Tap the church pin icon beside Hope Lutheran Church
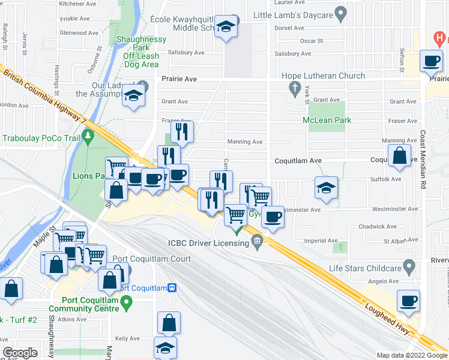click(295, 89)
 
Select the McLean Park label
click(327, 121)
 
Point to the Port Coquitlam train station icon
click(172, 288)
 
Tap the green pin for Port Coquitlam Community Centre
click(127, 305)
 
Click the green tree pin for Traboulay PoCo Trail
click(88, 137)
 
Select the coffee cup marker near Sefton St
click(431, 61)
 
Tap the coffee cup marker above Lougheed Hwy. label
click(408, 301)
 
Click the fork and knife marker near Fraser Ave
click(182, 131)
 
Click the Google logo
click(19, 352)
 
